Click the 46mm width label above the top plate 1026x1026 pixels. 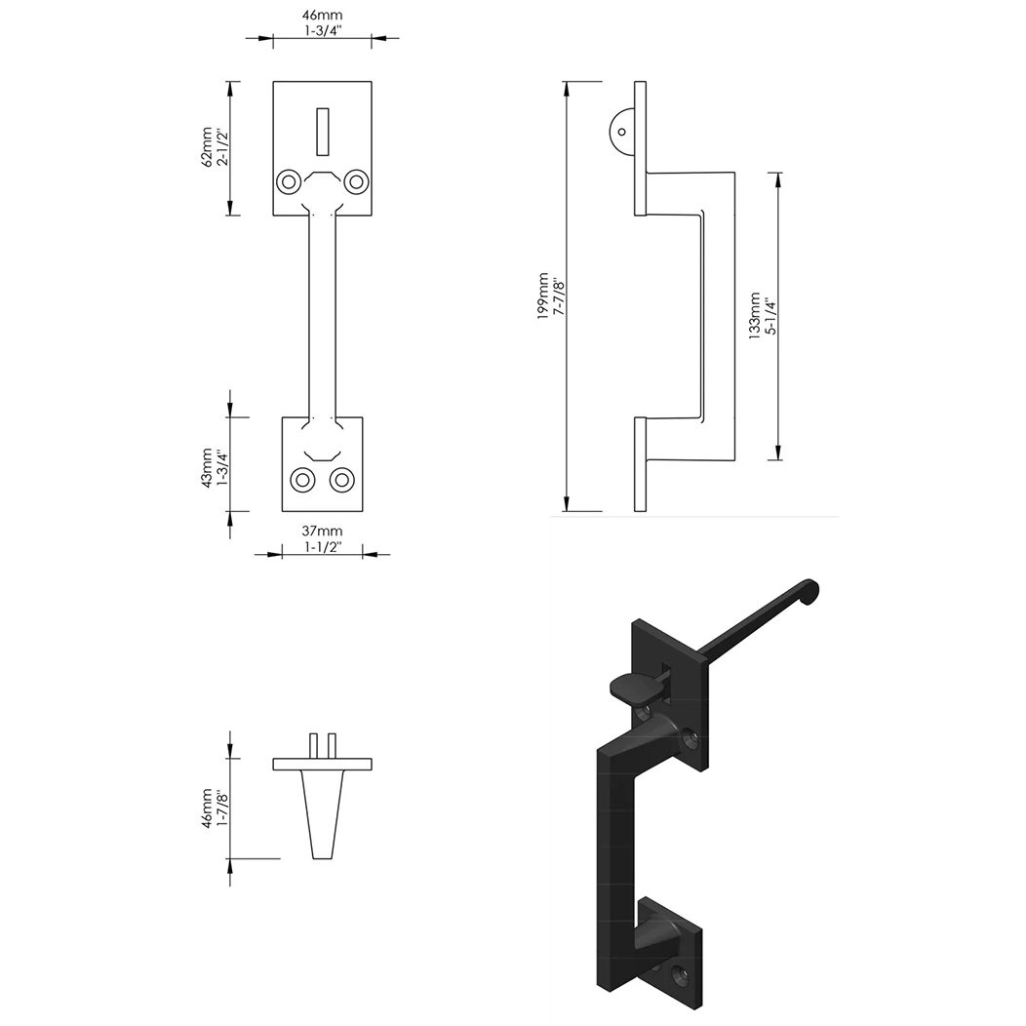(x=322, y=16)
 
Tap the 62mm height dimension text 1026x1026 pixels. (x=206, y=147)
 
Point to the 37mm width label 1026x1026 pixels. (x=322, y=531)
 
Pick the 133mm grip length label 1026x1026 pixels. (x=753, y=315)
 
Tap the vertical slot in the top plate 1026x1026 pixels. (x=322, y=131)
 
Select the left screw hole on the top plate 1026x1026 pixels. (x=288, y=181)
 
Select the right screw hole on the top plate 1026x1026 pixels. (x=356, y=181)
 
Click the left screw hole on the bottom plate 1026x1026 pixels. (x=304, y=480)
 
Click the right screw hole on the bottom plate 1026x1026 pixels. (x=341, y=480)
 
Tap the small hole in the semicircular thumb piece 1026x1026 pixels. (x=621, y=131)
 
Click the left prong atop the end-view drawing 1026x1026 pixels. (x=314, y=744)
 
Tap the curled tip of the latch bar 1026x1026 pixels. (x=811, y=589)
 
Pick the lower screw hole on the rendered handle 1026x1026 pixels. (x=680, y=970)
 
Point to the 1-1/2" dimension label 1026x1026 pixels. (x=322, y=548)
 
